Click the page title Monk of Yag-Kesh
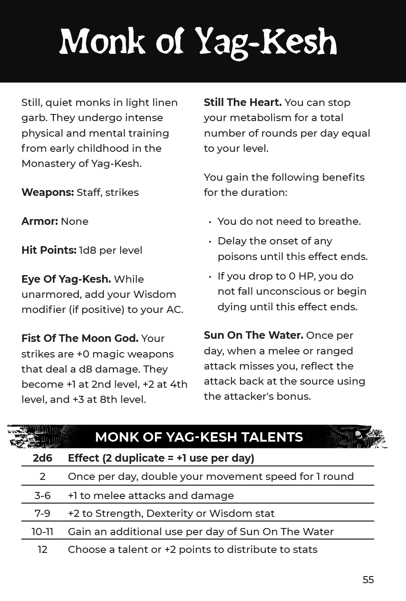[199, 43]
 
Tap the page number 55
[368, 580]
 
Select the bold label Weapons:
[48, 192]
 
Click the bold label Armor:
[40, 221]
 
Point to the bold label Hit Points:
[49, 250]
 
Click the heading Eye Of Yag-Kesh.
[66, 279]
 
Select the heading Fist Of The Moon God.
[80, 338]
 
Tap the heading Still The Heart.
[243, 102]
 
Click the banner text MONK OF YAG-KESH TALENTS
[199, 437]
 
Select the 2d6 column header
[42, 458]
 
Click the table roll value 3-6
[42, 495]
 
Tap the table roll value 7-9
[42, 513]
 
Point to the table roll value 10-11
[42, 532]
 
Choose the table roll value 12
[42, 549]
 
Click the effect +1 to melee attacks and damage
[150, 495]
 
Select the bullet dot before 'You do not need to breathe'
[210, 222]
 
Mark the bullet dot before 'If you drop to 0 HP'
[210, 277]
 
